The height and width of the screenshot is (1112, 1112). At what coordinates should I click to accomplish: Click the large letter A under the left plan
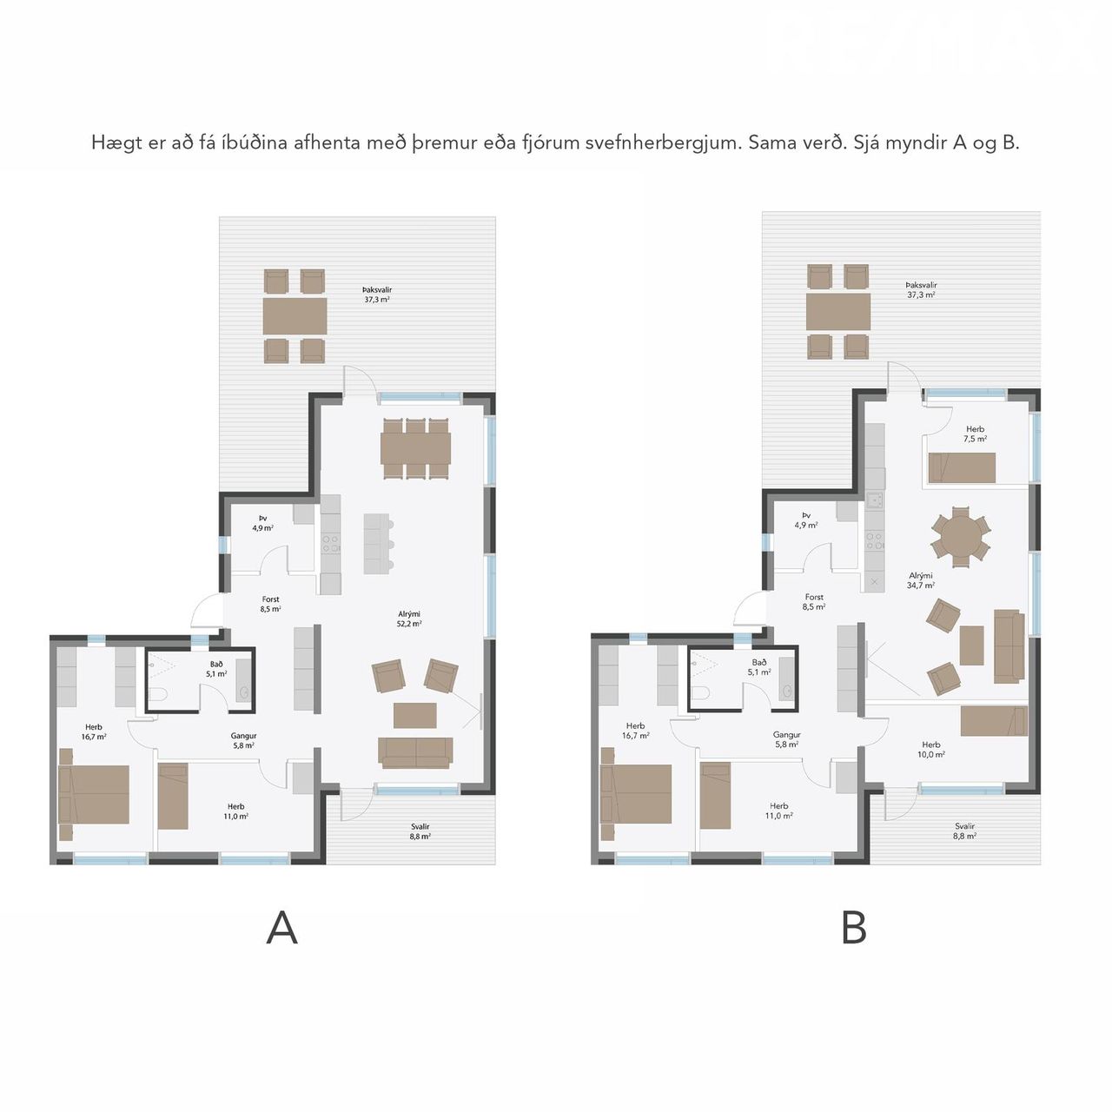(x=281, y=927)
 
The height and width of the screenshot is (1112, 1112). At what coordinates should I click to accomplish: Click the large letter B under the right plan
(x=854, y=927)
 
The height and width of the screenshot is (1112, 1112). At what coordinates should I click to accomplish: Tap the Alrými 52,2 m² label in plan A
(x=409, y=619)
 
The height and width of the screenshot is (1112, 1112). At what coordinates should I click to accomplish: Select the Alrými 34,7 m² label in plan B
(x=920, y=580)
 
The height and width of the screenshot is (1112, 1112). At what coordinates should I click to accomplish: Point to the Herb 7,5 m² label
(x=975, y=434)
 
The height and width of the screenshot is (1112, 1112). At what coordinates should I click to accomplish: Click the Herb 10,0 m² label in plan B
(x=930, y=749)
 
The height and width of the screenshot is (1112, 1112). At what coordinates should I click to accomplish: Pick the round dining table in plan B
(x=961, y=537)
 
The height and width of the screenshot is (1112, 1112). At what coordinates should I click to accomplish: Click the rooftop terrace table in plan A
(x=295, y=315)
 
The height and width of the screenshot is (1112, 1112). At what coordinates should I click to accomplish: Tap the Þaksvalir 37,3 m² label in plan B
(x=921, y=289)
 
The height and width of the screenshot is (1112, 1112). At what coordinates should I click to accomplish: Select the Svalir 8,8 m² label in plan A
(x=420, y=831)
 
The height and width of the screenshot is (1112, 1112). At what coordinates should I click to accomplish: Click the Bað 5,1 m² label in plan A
(x=216, y=669)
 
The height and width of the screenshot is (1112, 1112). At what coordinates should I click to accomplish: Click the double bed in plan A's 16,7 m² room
(x=94, y=794)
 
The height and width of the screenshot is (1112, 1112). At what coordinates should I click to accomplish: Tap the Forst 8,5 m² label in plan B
(x=814, y=602)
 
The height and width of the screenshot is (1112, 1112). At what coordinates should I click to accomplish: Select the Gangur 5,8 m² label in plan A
(x=243, y=740)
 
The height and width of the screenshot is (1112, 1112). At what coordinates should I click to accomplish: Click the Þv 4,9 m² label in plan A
(x=262, y=523)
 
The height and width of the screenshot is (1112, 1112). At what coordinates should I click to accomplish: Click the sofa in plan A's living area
(x=415, y=752)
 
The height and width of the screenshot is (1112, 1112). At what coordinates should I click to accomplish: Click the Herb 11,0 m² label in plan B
(x=778, y=811)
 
